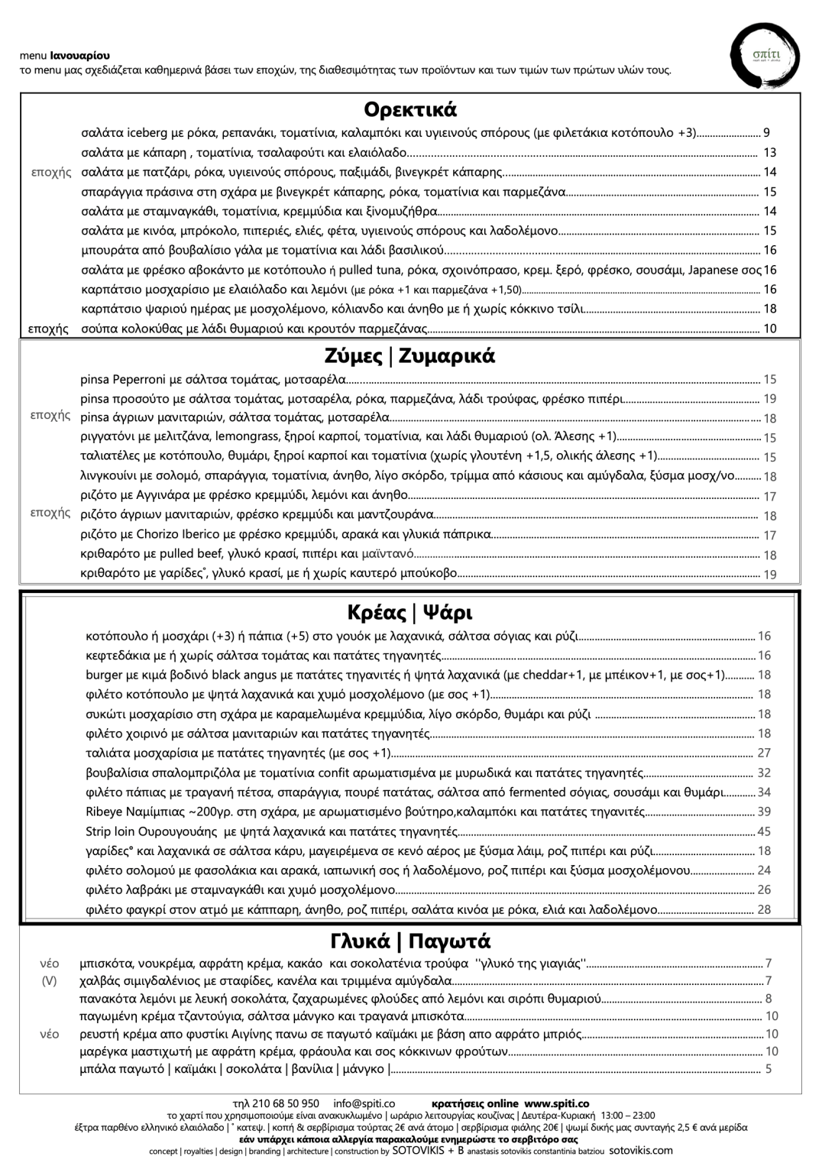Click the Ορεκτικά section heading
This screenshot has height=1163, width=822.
410,109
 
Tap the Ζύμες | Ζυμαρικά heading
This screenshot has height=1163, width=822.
410,356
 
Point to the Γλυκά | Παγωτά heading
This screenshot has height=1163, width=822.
409,941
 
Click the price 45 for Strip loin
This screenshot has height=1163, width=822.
764,831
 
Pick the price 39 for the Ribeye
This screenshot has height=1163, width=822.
764,812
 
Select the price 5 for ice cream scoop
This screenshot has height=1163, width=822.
768,1069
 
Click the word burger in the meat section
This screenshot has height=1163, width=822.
104,675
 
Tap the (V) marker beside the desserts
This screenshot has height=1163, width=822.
50,980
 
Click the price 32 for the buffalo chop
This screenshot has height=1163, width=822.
764,773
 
